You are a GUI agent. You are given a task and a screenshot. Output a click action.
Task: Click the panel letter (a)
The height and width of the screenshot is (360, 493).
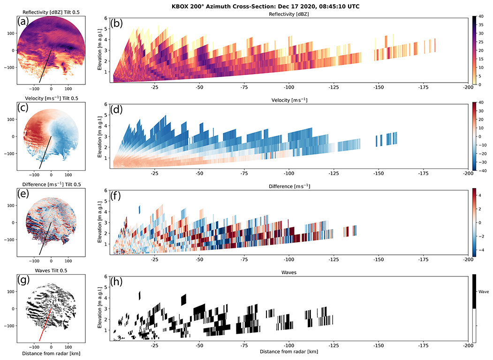[24, 22]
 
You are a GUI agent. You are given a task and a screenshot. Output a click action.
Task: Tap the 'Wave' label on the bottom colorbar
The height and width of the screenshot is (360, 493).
[483, 291]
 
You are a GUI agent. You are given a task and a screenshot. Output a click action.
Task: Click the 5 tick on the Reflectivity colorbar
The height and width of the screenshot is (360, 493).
[481, 76]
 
